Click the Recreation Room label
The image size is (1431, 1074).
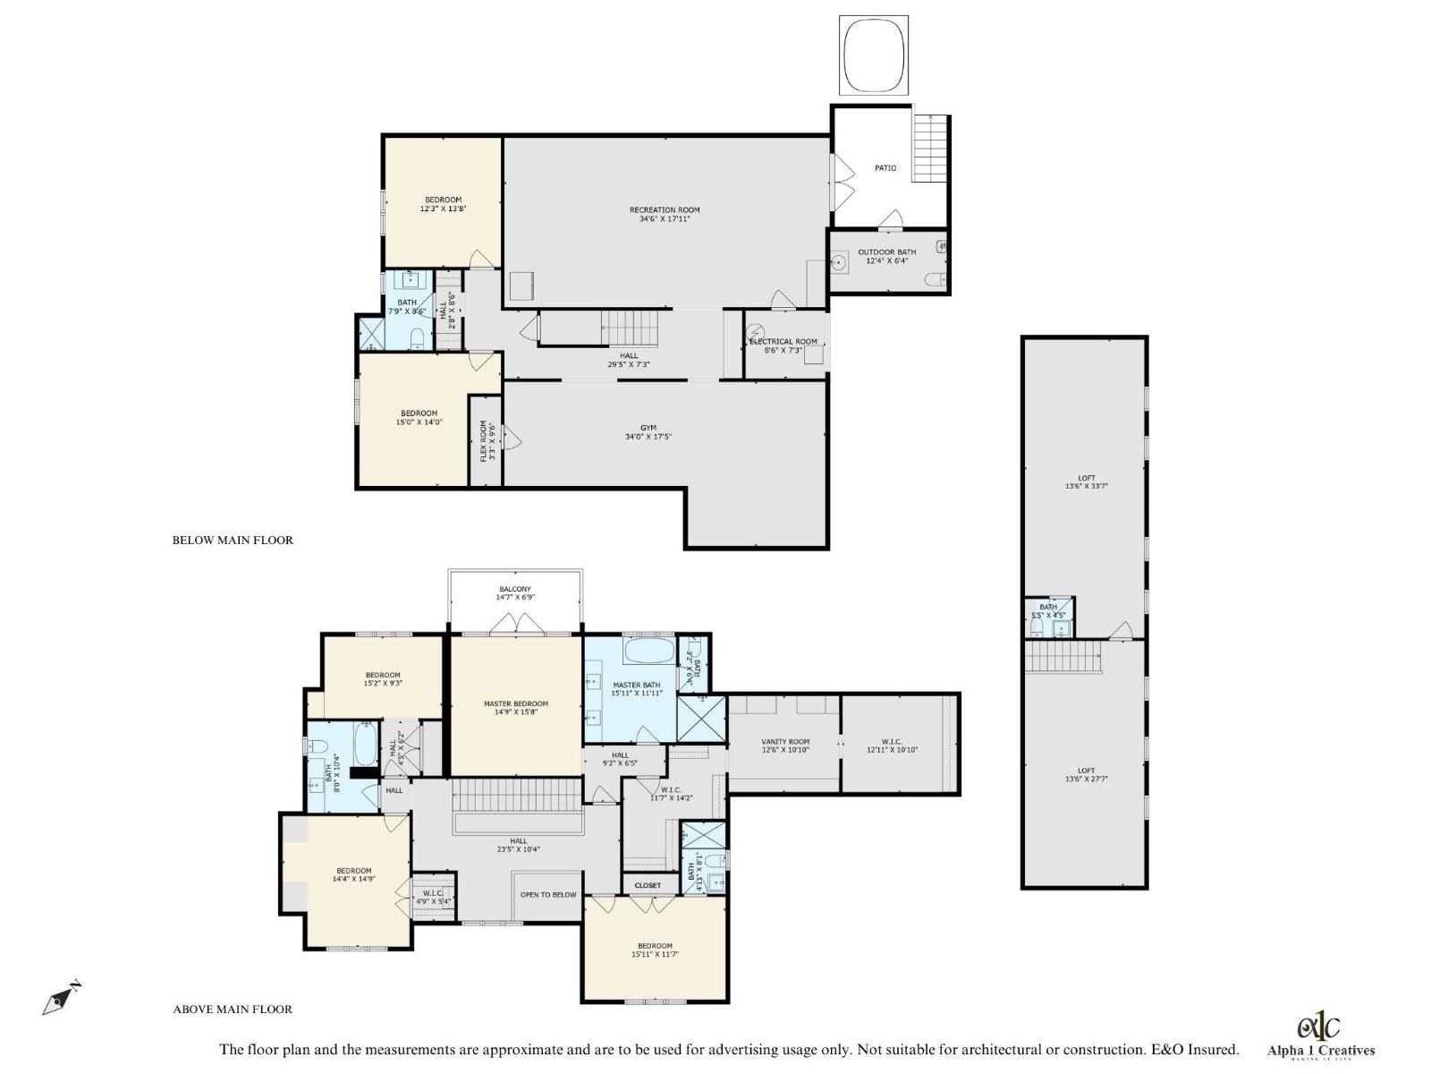click(x=665, y=209)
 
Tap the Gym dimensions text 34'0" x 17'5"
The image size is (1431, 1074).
click(x=648, y=437)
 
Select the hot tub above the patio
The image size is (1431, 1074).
click(x=874, y=55)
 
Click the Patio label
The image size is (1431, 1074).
click(x=885, y=168)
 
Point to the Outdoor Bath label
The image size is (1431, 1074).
click(x=887, y=252)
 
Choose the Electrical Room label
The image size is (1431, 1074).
click(x=783, y=341)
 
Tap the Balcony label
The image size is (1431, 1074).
click(x=515, y=589)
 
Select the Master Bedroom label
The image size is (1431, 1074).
click(x=516, y=703)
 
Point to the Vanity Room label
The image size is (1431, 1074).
click(x=785, y=741)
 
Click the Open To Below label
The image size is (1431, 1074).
click(x=548, y=894)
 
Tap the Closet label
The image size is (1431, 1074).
click(x=648, y=885)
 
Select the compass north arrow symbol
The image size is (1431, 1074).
click(x=60, y=999)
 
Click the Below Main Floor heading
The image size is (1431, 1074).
click(x=233, y=540)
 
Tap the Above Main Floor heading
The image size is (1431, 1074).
click(x=233, y=1009)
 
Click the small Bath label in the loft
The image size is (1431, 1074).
click(x=1047, y=607)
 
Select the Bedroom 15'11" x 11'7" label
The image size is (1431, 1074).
click(x=655, y=946)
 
